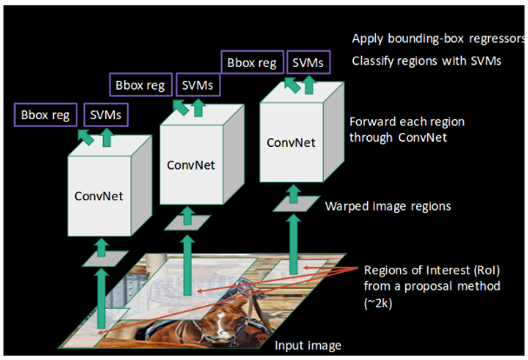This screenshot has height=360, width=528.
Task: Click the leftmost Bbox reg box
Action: coord(45,114)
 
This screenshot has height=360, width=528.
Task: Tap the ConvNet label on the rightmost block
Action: coord(291,142)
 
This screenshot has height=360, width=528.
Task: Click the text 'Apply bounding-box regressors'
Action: coord(438,39)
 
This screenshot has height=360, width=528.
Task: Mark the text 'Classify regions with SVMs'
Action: coord(426,62)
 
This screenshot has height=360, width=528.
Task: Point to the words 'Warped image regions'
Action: coord(388,207)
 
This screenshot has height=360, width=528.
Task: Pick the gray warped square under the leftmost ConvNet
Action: coord(97,258)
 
